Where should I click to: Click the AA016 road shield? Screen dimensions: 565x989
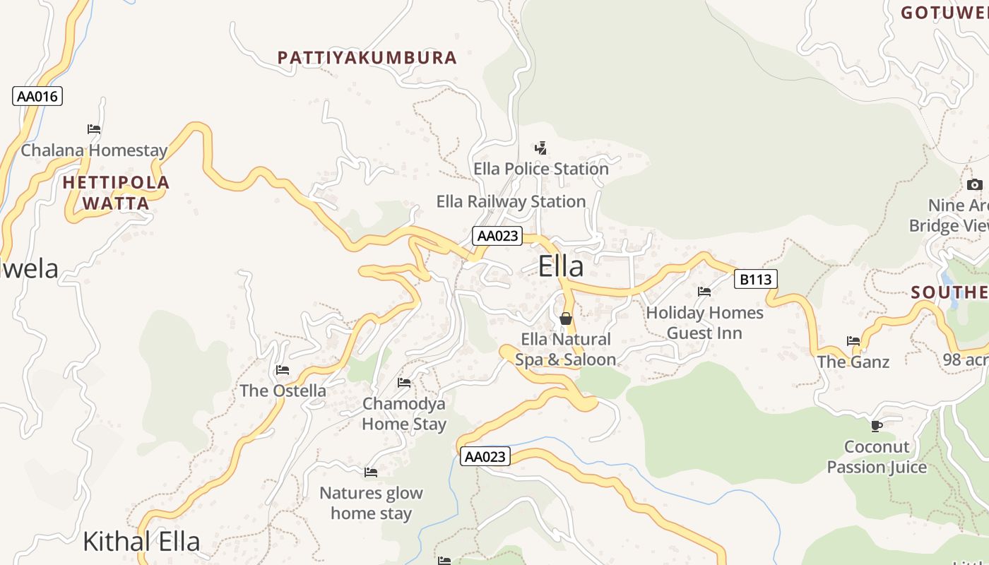[37, 96]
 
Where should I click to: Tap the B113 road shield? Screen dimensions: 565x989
[755, 280]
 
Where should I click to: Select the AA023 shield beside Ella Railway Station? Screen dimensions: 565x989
[497, 236]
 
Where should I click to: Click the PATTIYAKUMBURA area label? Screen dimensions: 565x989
[367, 58]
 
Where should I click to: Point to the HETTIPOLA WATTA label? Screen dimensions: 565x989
[116, 193]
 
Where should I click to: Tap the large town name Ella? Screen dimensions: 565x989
[561, 267]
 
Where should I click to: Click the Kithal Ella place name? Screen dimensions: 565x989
[141, 542]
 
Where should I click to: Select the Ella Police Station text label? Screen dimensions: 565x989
[540, 169]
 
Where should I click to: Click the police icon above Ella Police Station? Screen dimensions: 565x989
[540, 148]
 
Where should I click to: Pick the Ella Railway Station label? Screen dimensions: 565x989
[511, 201]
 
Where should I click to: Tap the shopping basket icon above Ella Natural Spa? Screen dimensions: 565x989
[566, 319]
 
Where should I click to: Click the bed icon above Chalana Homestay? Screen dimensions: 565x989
[94, 129]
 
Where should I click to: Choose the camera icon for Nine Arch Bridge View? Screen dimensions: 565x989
[974, 185]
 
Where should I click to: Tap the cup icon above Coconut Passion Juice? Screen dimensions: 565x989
[877, 426]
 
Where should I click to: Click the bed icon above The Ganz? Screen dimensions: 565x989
[853, 341]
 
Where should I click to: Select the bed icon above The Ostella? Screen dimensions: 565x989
[283, 370]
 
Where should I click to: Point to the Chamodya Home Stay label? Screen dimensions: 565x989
[404, 414]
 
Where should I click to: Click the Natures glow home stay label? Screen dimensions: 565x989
[371, 504]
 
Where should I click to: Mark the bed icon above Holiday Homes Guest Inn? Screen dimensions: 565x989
[704, 292]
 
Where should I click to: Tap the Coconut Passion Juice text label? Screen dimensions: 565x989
[877, 457]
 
